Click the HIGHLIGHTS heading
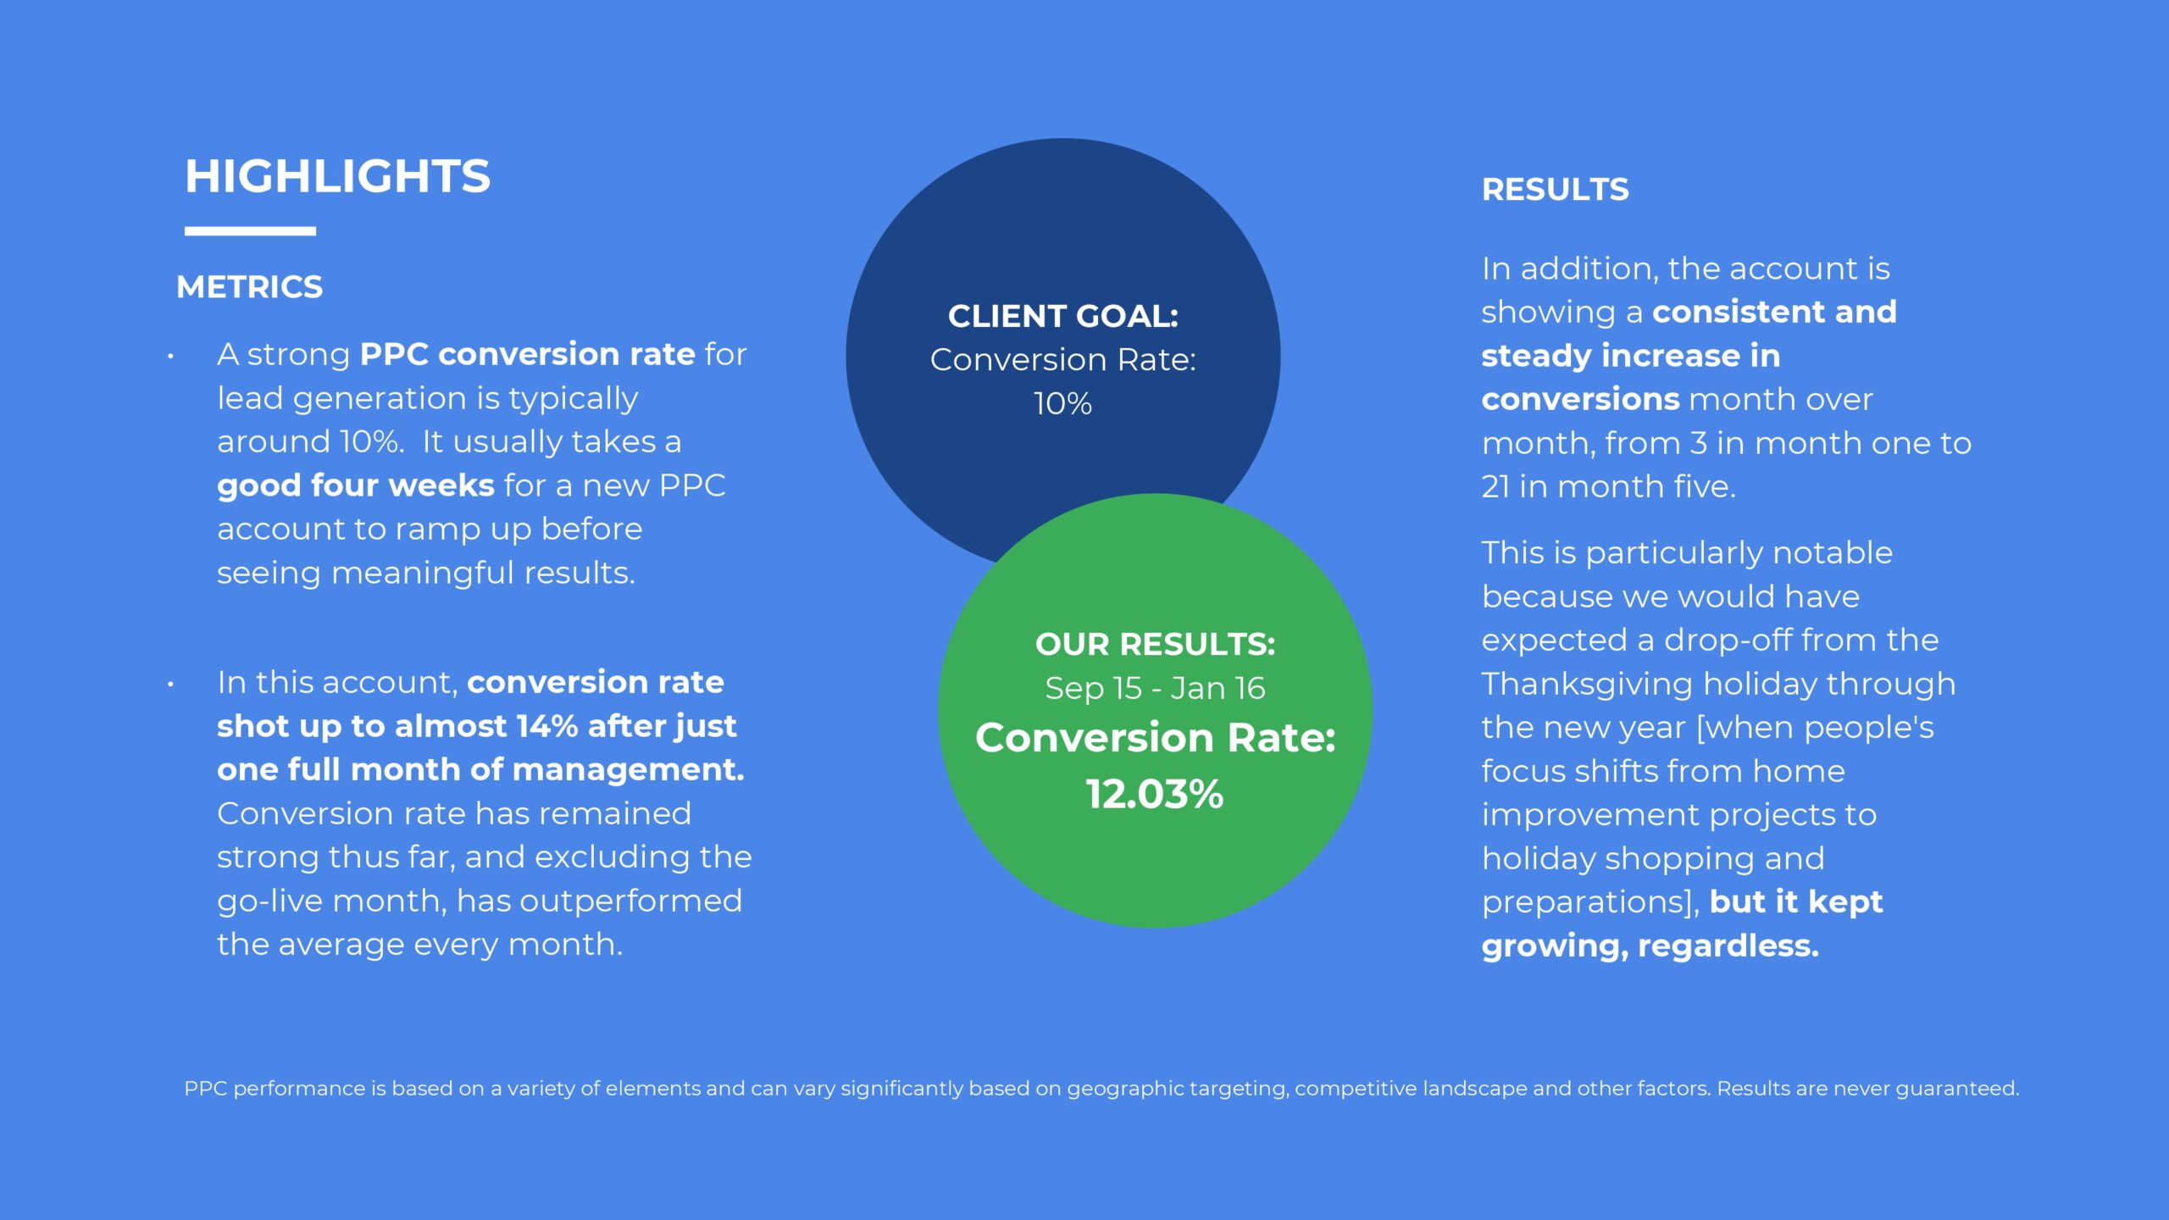337,176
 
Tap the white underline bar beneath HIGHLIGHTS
250,230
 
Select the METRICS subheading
249,287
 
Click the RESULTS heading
1555,190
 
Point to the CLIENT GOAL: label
1063,316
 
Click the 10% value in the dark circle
1062,403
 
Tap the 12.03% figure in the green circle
1155,795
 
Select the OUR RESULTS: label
1155,645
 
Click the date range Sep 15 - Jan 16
1155,688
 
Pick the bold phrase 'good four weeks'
356,485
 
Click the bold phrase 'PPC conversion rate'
527,354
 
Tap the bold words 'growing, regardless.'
1650,946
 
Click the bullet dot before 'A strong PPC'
170,357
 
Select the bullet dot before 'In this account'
170,685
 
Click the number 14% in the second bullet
546,726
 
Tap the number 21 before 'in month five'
1495,487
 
